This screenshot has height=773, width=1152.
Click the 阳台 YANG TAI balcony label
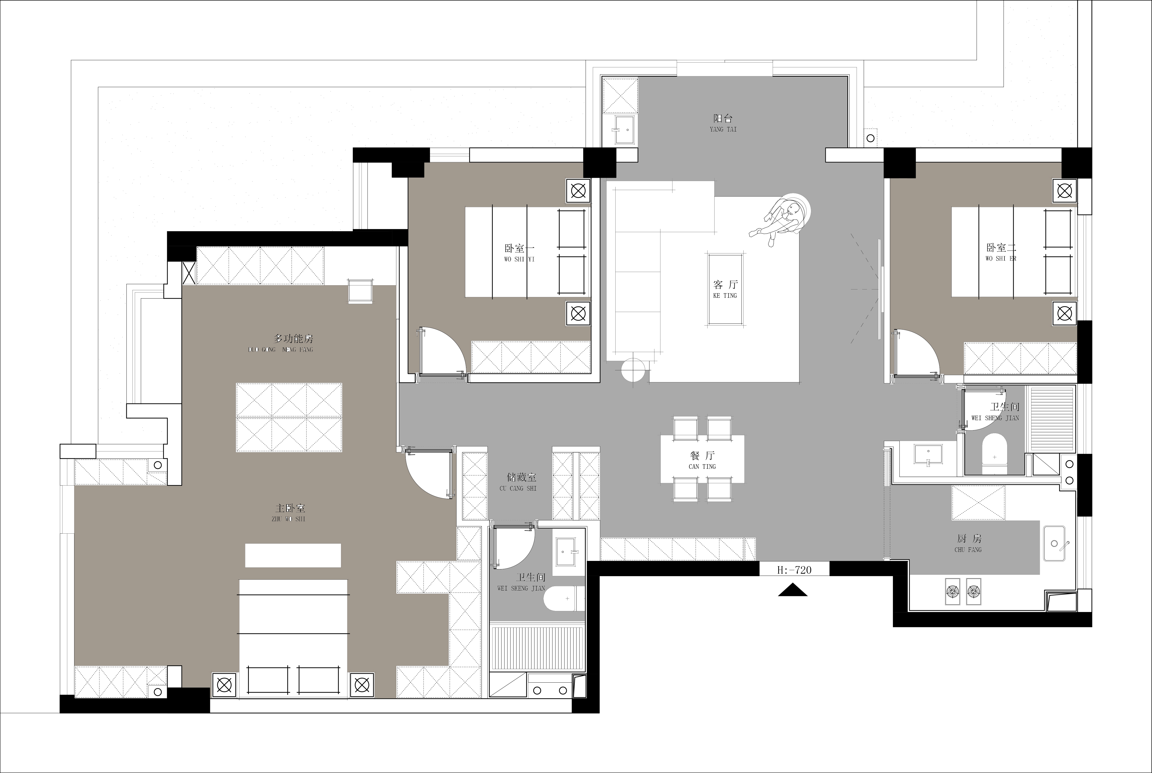coord(723,123)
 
